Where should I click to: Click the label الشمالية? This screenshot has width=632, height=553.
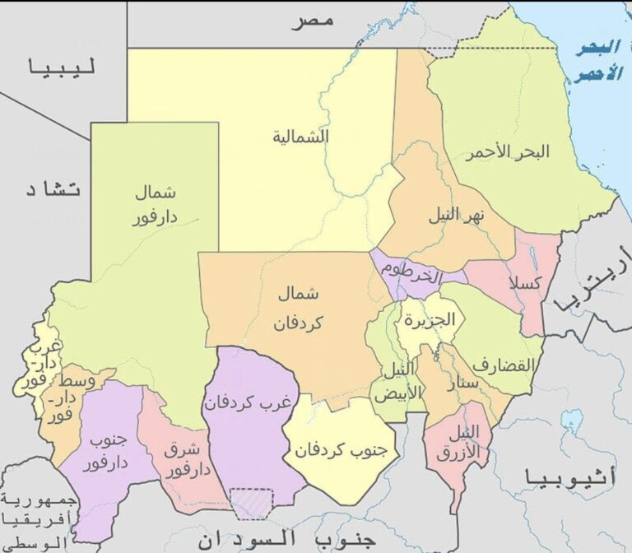(301, 137)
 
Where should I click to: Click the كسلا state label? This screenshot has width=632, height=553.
(526, 284)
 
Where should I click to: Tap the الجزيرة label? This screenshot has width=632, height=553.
(429, 319)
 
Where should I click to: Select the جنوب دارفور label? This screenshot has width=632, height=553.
(105, 452)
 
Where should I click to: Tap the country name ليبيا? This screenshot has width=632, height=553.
(62, 68)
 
